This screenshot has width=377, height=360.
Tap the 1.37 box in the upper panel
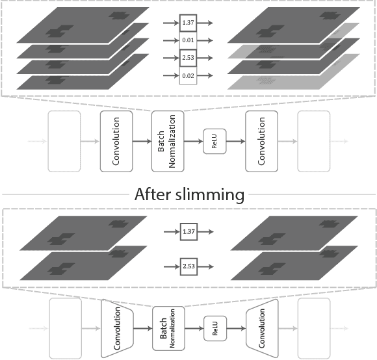(x=188, y=23)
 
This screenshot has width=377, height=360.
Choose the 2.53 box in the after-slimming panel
(x=188, y=266)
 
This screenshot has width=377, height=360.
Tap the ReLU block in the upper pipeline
(x=214, y=141)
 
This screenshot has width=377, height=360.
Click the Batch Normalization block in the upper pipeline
(x=167, y=141)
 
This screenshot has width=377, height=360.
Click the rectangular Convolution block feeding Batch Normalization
(x=116, y=141)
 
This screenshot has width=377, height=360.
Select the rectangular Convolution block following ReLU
(x=261, y=141)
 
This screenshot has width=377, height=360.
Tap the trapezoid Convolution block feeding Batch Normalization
(x=116, y=328)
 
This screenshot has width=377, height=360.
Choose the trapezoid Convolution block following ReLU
(x=263, y=328)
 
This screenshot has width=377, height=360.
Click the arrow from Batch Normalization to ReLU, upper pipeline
(x=193, y=141)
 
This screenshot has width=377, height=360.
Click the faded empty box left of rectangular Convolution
(x=64, y=141)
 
